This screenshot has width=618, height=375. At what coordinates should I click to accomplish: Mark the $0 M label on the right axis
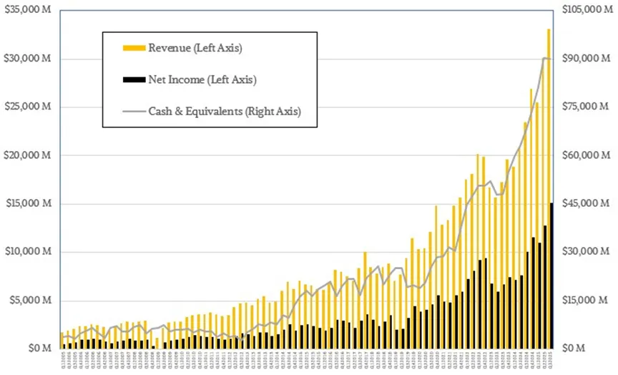[x=574, y=349]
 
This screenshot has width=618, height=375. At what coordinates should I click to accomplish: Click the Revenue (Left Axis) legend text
[x=195, y=48]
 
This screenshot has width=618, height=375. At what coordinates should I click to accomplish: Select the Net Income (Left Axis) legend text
[x=202, y=79]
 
